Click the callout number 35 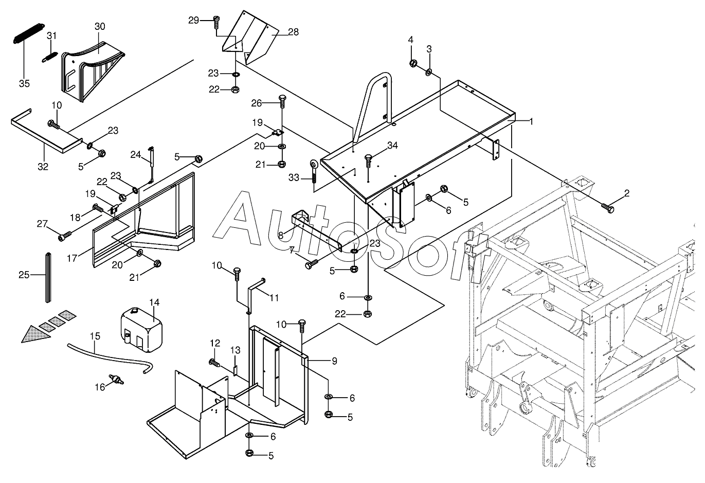click(24, 83)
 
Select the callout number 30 click(100, 26)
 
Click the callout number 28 click(293, 32)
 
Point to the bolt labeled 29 click(216, 21)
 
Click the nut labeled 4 click(412, 63)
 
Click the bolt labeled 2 click(608, 208)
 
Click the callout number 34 click(393, 146)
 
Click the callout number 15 click(95, 336)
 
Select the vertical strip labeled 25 click(49, 277)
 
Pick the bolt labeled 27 click(64, 237)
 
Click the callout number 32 click(43, 166)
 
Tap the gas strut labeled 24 click(151, 164)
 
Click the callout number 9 click(334, 361)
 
